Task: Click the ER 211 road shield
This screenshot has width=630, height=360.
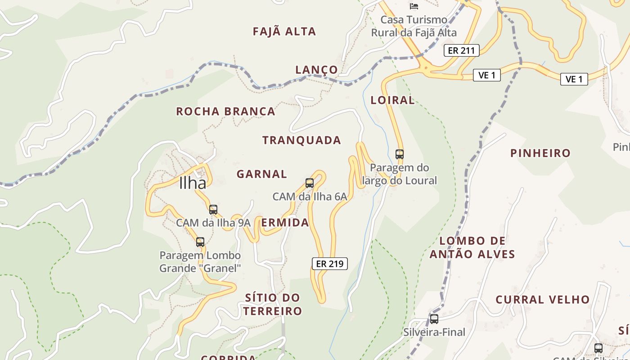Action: pos(461,50)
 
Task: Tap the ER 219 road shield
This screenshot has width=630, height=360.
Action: pos(330,264)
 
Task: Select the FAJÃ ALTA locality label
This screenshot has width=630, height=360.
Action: pos(284,31)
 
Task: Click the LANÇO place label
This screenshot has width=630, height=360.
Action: pos(316,70)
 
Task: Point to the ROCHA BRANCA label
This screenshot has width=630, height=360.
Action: pos(225,112)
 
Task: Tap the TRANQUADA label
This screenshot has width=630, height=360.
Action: pos(301,140)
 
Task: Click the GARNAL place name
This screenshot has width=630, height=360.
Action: pos(262,174)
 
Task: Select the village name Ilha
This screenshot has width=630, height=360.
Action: pos(193,183)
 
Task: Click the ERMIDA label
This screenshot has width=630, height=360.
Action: pos(285,223)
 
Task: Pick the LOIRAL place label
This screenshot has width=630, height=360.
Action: pos(393,100)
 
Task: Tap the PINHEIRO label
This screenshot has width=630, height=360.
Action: pos(540,153)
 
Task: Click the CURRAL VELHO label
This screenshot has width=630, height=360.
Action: pos(543,300)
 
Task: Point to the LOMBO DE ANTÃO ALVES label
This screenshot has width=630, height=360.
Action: pos(472,247)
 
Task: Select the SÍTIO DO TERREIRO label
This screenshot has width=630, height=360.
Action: pos(273,304)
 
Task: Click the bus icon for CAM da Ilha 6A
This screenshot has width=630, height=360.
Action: pos(310,183)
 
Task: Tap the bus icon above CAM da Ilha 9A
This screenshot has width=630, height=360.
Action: pos(213,209)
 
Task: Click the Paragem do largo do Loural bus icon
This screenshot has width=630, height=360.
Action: pos(400,154)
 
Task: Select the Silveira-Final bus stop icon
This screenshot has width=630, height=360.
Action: pos(434,319)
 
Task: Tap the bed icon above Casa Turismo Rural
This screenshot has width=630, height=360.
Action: pos(414,6)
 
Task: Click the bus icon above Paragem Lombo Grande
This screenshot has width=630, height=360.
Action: pos(200,242)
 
